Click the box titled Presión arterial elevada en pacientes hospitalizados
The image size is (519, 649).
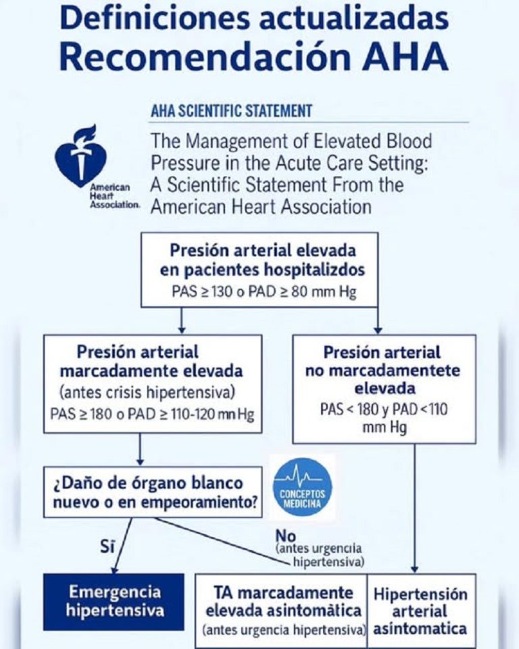tap(262, 270)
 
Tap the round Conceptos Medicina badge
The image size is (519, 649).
tap(302, 487)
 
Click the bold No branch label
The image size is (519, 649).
tap(286, 535)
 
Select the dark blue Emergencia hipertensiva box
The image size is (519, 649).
tap(114, 601)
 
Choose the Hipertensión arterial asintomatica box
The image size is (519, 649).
tap(420, 610)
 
